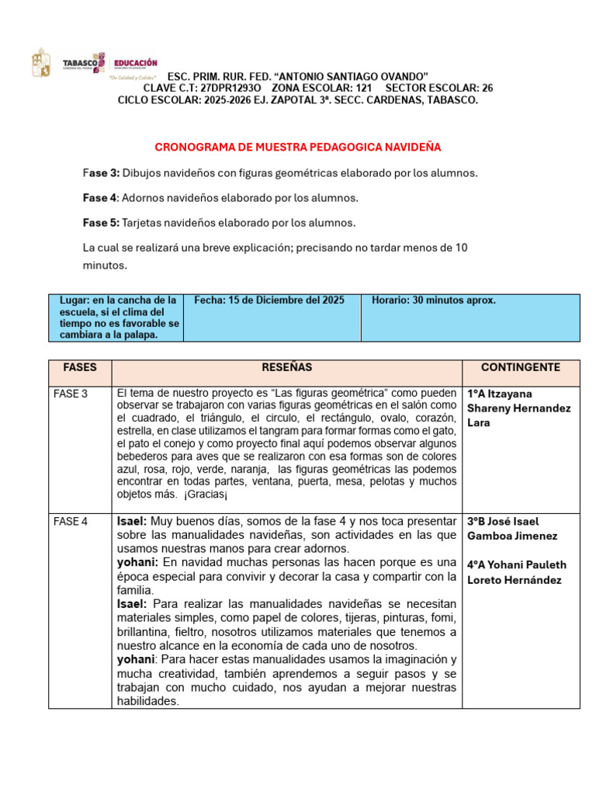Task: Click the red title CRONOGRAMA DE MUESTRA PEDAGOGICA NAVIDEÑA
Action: click(298, 147)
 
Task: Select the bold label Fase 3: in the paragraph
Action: click(101, 172)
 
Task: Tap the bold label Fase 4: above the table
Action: click(101, 198)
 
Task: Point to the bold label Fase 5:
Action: click(101, 223)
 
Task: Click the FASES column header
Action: click(79, 367)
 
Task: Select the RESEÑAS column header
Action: click(286, 367)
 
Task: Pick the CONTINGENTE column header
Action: click(520, 367)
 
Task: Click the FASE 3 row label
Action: click(71, 394)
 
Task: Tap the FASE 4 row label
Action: click(71, 521)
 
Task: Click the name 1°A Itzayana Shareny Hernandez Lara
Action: click(518, 408)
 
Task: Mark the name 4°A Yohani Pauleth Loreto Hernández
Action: click(516, 572)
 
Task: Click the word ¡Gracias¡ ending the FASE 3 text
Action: click(205, 494)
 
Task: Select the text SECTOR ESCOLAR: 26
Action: click(438, 88)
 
